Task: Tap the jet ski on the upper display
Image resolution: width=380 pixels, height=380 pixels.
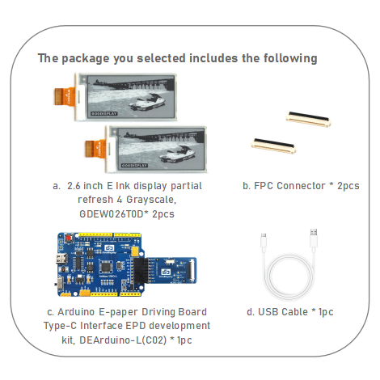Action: click(150, 100)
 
